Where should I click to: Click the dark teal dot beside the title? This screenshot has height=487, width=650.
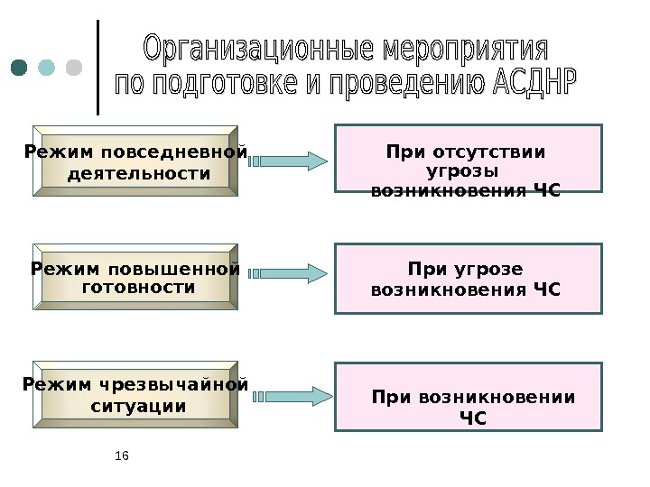(x=20, y=69)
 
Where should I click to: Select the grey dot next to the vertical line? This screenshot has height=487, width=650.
(x=74, y=69)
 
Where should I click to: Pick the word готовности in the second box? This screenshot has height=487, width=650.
(x=138, y=288)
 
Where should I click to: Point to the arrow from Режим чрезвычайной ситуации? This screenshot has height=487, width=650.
(x=289, y=395)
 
